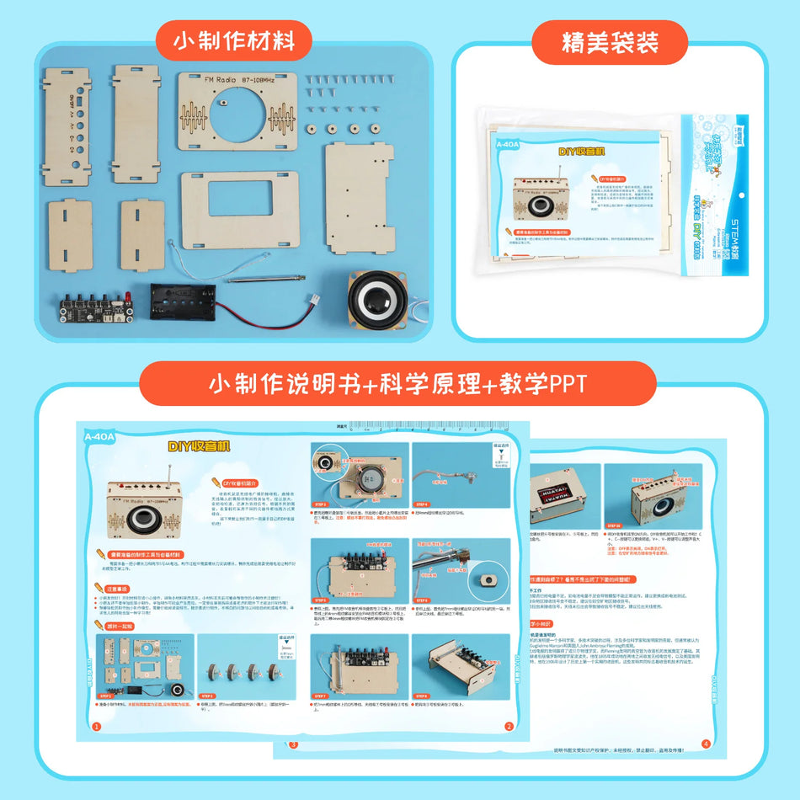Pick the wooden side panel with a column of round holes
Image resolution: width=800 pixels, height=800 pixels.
point(65,126)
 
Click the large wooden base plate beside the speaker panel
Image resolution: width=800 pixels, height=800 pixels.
point(360,195)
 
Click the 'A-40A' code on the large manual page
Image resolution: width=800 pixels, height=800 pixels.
point(100,437)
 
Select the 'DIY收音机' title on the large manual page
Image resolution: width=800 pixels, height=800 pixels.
point(199,446)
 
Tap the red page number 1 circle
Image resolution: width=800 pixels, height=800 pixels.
point(95,727)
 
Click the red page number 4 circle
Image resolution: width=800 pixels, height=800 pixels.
point(706,744)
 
